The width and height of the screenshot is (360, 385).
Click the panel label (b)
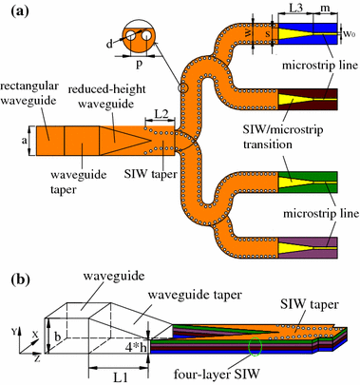tap(16, 280)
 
